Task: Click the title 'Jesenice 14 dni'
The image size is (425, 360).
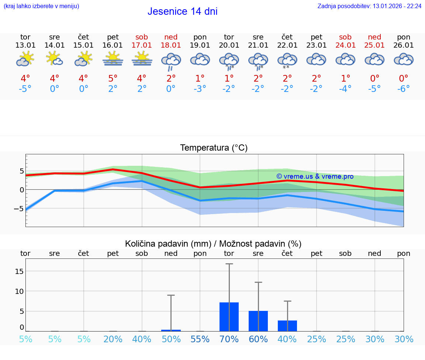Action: click(x=182, y=11)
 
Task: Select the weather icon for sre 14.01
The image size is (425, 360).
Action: click(x=55, y=58)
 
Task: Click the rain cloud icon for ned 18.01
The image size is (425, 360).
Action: click(x=171, y=61)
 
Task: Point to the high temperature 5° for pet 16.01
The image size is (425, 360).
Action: click(x=113, y=78)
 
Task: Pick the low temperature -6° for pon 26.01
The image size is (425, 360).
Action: click(x=404, y=89)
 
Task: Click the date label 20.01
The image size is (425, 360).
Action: click(x=229, y=45)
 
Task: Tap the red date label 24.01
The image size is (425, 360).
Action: click(x=346, y=45)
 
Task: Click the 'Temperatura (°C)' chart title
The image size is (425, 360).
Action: click(x=214, y=148)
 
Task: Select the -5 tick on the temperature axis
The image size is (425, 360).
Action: click(x=19, y=208)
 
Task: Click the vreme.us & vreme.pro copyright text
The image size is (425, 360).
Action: click(x=315, y=176)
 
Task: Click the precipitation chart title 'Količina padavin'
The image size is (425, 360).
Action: click(x=213, y=244)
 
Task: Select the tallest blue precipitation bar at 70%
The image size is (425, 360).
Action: click(x=229, y=317)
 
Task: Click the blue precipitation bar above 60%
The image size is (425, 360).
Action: click(x=258, y=321)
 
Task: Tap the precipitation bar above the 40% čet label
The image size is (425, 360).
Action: click(x=287, y=326)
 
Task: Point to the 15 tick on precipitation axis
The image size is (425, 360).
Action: click(x=19, y=271)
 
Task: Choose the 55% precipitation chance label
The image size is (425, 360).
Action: click(x=200, y=339)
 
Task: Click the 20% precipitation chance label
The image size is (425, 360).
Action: click(x=113, y=339)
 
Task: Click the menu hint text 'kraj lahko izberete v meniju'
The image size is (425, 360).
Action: click(x=41, y=6)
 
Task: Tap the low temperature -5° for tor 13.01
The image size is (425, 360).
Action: click(x=25, y=89)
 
